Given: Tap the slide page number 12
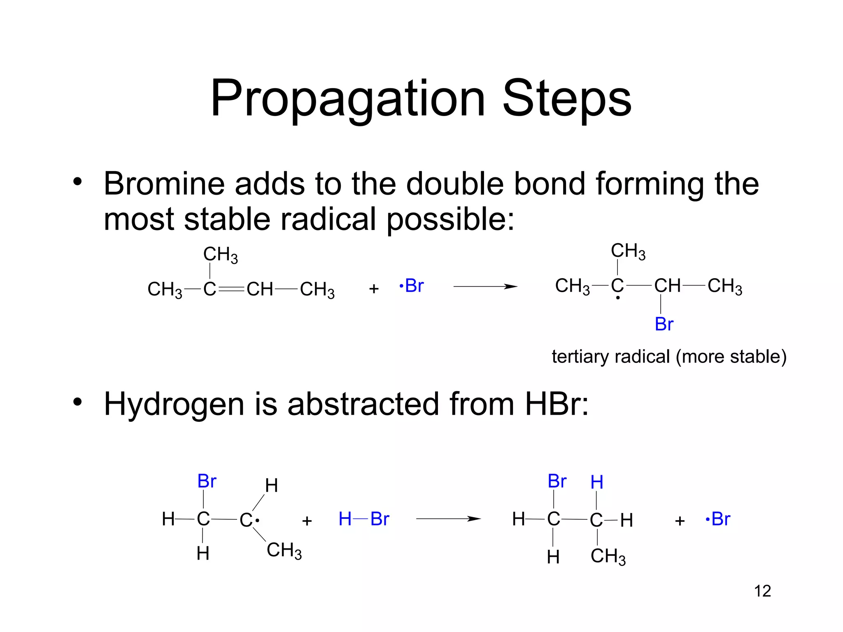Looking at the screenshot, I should [x=762, y=591].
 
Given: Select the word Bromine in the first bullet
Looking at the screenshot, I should [x=164, y=184].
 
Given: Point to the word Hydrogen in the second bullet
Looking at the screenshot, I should [x=174, y=404].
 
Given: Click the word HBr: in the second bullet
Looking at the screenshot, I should [x=557, y=404].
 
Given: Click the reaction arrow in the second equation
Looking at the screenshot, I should [x=448, y=519].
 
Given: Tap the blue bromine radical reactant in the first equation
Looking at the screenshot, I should [x=412, y=286].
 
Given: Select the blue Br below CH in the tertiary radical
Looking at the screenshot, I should [x=664, y=324].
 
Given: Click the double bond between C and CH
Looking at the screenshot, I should [x=231, y=289].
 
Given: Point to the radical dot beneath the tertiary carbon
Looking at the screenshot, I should [x=618, y=297].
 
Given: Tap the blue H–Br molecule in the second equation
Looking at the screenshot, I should [x=363, y=519].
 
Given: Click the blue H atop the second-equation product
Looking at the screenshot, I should [x=597, y=482].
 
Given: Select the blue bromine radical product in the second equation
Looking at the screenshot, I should [x=718, y=519].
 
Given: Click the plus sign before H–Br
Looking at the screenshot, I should [x=307, y=521].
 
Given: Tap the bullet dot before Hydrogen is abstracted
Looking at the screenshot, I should [x=77, y=402].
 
